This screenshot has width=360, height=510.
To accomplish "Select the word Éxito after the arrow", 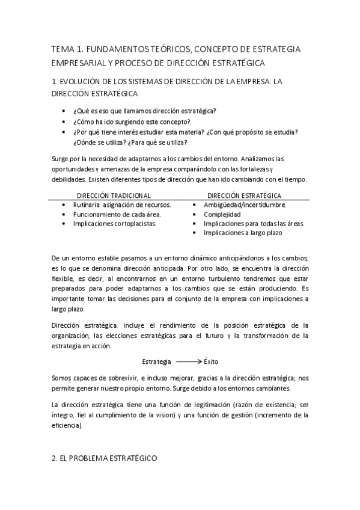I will [213, 361].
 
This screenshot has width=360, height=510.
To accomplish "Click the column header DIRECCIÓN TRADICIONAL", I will [114, 195].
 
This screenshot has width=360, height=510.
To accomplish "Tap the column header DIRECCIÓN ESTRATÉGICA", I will [244, 195].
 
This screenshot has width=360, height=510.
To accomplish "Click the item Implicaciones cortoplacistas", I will [114, 223].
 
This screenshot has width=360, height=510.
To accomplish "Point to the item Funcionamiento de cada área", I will [117, 214].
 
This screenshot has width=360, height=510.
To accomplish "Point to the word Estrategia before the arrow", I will [157, 361].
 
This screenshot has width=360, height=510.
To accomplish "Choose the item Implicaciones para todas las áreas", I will [253, 223].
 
